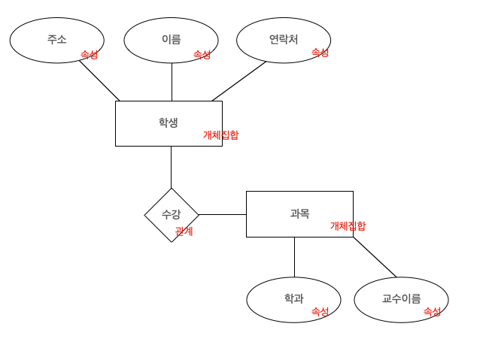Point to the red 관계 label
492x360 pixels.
(184, 231)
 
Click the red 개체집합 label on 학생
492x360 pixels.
(220, 135)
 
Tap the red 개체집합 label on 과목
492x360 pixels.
(348, 226)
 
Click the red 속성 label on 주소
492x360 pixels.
(89, 55)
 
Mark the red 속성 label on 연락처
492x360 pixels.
(320, 53)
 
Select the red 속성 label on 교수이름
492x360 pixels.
(432, 312)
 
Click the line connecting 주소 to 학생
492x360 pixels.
(99, 80)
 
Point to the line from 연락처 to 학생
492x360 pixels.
(239, 81)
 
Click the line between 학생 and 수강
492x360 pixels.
(171, 167)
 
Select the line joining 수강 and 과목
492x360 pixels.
(222, 214)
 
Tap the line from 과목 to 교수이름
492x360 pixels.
(375, 257)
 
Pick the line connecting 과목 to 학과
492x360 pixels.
(294, 257)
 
